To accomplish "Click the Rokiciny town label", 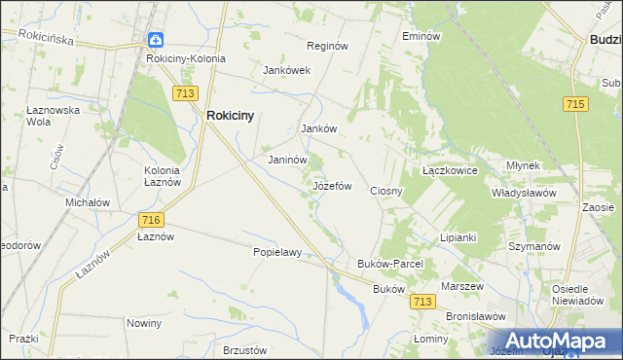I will point(230,115).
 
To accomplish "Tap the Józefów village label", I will point(331,185).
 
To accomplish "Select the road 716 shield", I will point(150,221).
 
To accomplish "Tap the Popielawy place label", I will point(277,252).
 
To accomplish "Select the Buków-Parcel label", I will point(388,264).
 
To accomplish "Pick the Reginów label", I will point(327,46).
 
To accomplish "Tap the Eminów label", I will point(421,36).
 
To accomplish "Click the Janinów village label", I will point(288,160).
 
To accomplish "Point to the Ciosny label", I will point(386,191).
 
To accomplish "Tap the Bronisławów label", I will point(476,317).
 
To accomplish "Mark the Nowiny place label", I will point(144,322).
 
